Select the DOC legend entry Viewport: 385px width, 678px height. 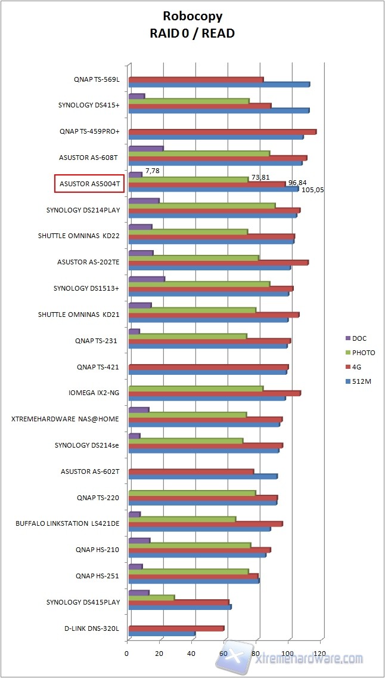(x=359, y=338)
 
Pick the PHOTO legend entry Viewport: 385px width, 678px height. (x=363, y=353)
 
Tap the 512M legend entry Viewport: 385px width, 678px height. (x=362, y=381)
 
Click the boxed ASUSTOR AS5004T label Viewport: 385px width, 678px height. (x=88, y=184)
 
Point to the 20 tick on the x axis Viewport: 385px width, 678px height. (x=160, y=653)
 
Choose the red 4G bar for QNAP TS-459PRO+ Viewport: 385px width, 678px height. (x=222, y=132)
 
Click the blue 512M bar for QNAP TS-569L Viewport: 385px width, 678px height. (x=218, y=84)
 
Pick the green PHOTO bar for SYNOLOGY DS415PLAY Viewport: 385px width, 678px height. (x=151, y=597)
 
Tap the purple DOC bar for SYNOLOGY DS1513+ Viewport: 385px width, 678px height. (x=147, y=279)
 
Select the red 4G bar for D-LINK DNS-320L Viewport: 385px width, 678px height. (x=176, y=628)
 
